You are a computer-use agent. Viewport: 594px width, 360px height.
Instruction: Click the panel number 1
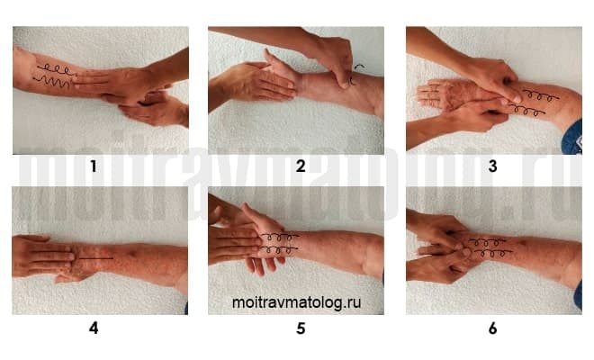[94, 166]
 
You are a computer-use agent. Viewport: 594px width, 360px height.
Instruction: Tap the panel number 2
[301, 166]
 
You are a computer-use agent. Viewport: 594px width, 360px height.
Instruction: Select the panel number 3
[492, 166]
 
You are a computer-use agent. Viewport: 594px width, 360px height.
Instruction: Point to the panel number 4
[94, 328]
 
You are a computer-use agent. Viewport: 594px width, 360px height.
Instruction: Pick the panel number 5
[301, 328]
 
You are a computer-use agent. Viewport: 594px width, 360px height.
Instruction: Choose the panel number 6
[492, 328]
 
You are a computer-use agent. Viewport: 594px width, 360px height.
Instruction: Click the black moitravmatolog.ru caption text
[296, 302]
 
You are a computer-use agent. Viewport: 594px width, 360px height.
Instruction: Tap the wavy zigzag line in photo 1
[51, 80]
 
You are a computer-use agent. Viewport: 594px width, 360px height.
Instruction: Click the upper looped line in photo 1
[57, 69]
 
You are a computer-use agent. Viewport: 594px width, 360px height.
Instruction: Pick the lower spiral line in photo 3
[526, 111]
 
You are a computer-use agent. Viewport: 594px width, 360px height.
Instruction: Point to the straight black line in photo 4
[95, 258]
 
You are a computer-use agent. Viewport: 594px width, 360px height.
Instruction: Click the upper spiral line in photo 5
[280, 237]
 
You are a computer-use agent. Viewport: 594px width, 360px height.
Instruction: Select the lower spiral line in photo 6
[492, 253]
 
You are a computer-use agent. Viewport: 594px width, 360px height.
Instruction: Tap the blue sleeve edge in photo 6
[579, 294]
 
